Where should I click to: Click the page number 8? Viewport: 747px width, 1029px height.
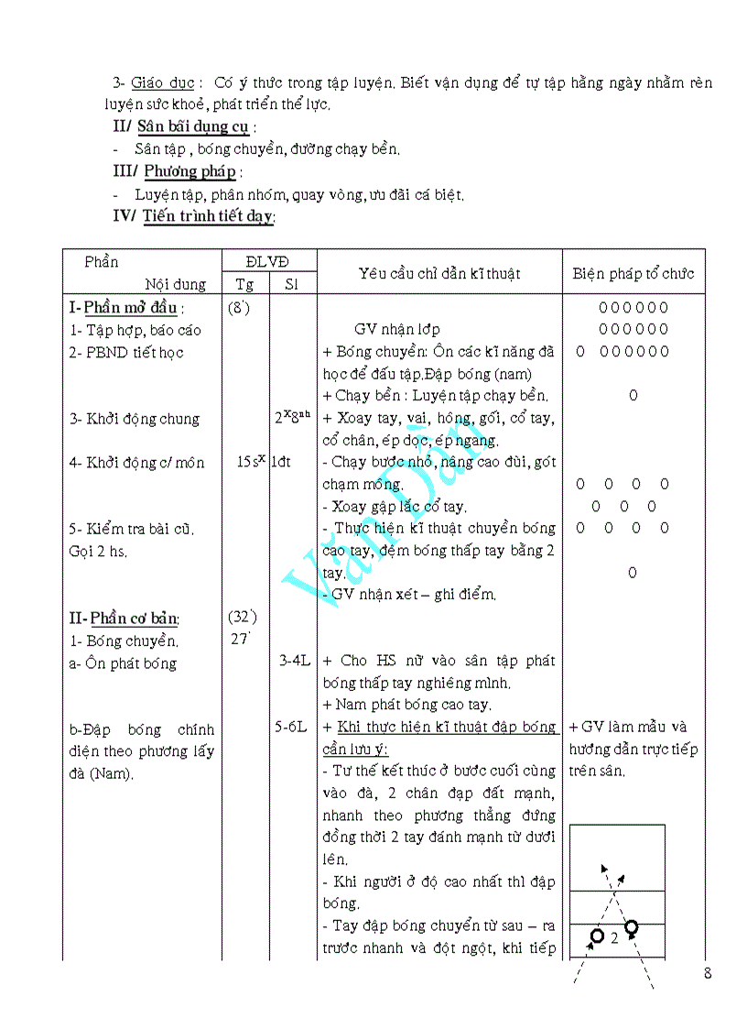point(708,974)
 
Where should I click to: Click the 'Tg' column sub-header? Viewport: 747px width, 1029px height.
point(245,284)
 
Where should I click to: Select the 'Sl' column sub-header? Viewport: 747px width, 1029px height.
point(291,284)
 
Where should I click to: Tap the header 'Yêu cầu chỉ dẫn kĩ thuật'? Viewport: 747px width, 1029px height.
point(439,273)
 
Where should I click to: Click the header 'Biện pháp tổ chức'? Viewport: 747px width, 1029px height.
point(633,273)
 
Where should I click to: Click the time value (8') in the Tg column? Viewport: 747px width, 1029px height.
point(239,308)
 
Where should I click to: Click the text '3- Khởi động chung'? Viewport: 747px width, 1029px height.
point(134,419)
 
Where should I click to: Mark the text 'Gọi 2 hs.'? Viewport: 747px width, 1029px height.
point(98,551)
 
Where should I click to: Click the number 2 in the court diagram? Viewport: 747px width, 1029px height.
point(614,938)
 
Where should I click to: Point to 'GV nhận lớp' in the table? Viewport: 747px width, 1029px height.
point(396,330)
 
